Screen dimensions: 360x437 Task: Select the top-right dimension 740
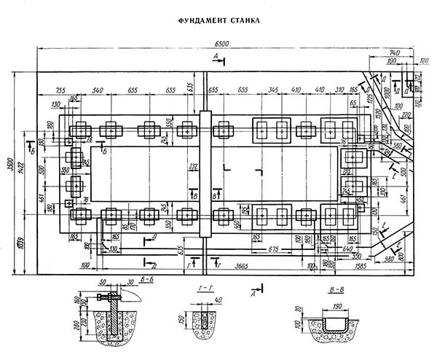395,53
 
